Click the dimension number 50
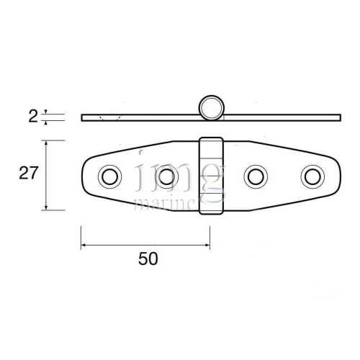coord(147,259)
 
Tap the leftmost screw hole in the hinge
coord(110,176)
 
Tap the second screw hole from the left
coord(167,176)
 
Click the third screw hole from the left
coord(255,176)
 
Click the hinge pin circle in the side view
coord(211,108)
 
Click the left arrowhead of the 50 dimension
coord(83,246)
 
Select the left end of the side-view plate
coord(83,117)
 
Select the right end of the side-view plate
coord(338,117)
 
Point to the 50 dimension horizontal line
coord(144,246)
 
